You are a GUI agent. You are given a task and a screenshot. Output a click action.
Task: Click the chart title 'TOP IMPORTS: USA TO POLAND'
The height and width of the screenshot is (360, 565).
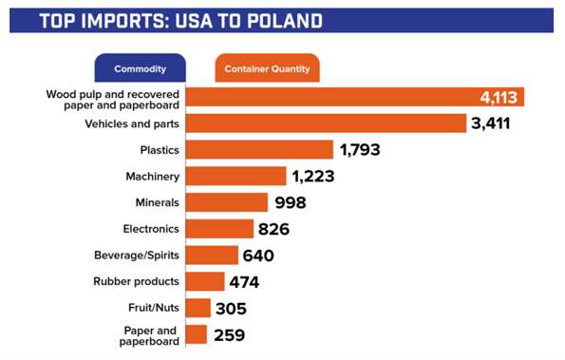pyautogui.click(x=180, y=20)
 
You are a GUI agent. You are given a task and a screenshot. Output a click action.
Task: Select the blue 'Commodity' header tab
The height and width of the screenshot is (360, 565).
pyautogui.click(x=140, y=69)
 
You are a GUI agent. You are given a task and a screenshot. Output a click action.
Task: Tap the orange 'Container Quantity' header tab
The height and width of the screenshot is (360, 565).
pyautogui.click(x=266, y=69)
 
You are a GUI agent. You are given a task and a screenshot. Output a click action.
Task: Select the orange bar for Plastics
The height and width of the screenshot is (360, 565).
pyautogui.click(x=259, y=150)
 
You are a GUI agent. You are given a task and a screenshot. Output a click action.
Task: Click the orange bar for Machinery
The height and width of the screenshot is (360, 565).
pyautogui.click(x=235, y=176)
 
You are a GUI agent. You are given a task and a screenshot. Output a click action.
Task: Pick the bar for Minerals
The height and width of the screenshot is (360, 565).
pyautogui.click(x=227, y=202)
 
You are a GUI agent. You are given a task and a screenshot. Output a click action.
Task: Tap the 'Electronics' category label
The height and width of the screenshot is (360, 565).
pyautogui.click(x=152, y=229)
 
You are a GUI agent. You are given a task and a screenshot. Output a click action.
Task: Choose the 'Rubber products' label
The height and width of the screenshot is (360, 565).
pyautogui.click(x=137, y=282)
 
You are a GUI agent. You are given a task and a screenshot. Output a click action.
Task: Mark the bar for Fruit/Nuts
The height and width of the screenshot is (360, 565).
pyautogui.click(x=198, y=308)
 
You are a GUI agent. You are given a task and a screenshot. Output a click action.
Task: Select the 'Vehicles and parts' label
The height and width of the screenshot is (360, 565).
pyautogui.click(x=132, y=123)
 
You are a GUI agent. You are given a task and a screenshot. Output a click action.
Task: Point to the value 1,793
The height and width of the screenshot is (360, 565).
pyautogui.click(x=365, y=150)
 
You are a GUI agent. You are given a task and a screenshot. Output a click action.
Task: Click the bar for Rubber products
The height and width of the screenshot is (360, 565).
pyautogui.click(x=205, y=282)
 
